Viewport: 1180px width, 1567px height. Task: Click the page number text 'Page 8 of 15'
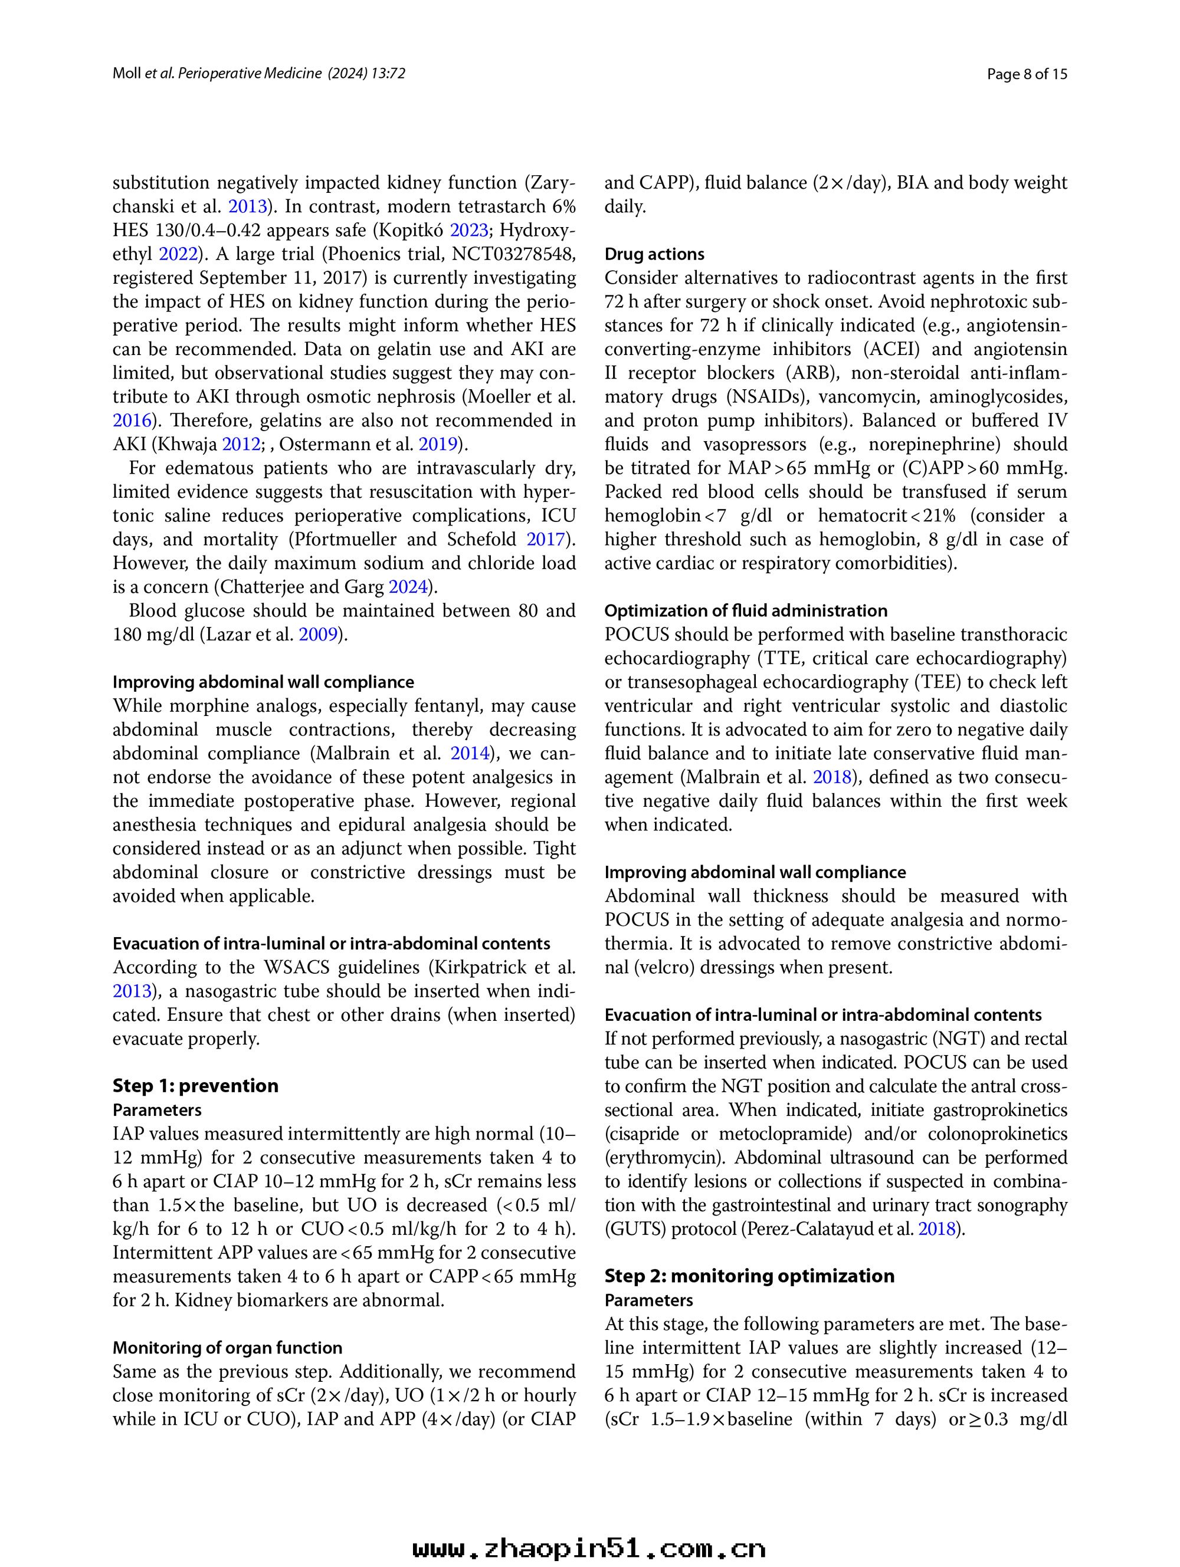pos(1027,74)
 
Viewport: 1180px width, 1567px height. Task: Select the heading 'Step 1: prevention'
pos(196,1086)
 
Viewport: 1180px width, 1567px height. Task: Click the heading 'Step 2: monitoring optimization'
pos(749,1276)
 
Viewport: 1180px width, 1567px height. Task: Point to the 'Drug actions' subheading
pos(654,254)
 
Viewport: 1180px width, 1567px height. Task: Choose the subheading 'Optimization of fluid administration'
pos(746,610)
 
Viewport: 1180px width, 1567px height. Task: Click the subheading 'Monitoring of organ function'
pos(228,1348)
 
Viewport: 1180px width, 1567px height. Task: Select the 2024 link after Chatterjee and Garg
pos(409,587)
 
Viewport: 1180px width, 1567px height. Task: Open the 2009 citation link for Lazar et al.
pos(318,635)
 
